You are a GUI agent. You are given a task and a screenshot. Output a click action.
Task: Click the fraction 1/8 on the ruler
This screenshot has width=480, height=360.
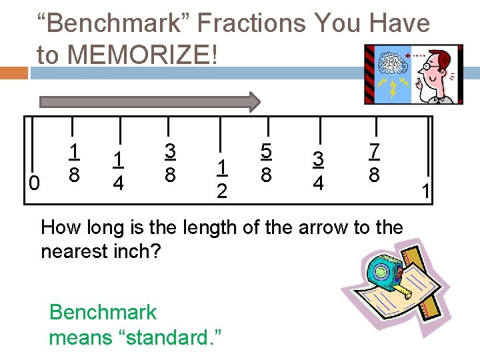(76, 163)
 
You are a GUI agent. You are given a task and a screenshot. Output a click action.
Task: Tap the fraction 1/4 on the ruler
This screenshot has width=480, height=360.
(117, 170)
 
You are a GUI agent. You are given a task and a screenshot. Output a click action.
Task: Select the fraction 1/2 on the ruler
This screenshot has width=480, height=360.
(222, 178)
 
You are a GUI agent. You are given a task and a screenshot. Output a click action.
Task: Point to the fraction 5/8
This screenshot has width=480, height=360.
(266, 164)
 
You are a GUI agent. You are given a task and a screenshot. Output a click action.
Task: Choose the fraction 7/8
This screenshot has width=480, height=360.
(374, 163)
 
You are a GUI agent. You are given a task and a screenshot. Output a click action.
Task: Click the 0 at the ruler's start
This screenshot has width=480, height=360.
(36, 182)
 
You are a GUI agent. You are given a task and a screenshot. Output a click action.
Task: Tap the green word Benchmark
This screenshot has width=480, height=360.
(103, 312)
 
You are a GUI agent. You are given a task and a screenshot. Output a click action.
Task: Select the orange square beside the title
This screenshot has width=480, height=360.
(14, 72)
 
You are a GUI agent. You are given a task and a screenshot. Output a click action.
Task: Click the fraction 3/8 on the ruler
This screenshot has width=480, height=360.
(170, 163)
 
